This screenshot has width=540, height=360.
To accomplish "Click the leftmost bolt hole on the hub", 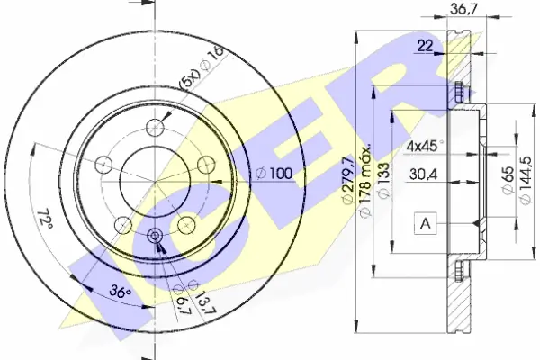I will click(103, 165).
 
